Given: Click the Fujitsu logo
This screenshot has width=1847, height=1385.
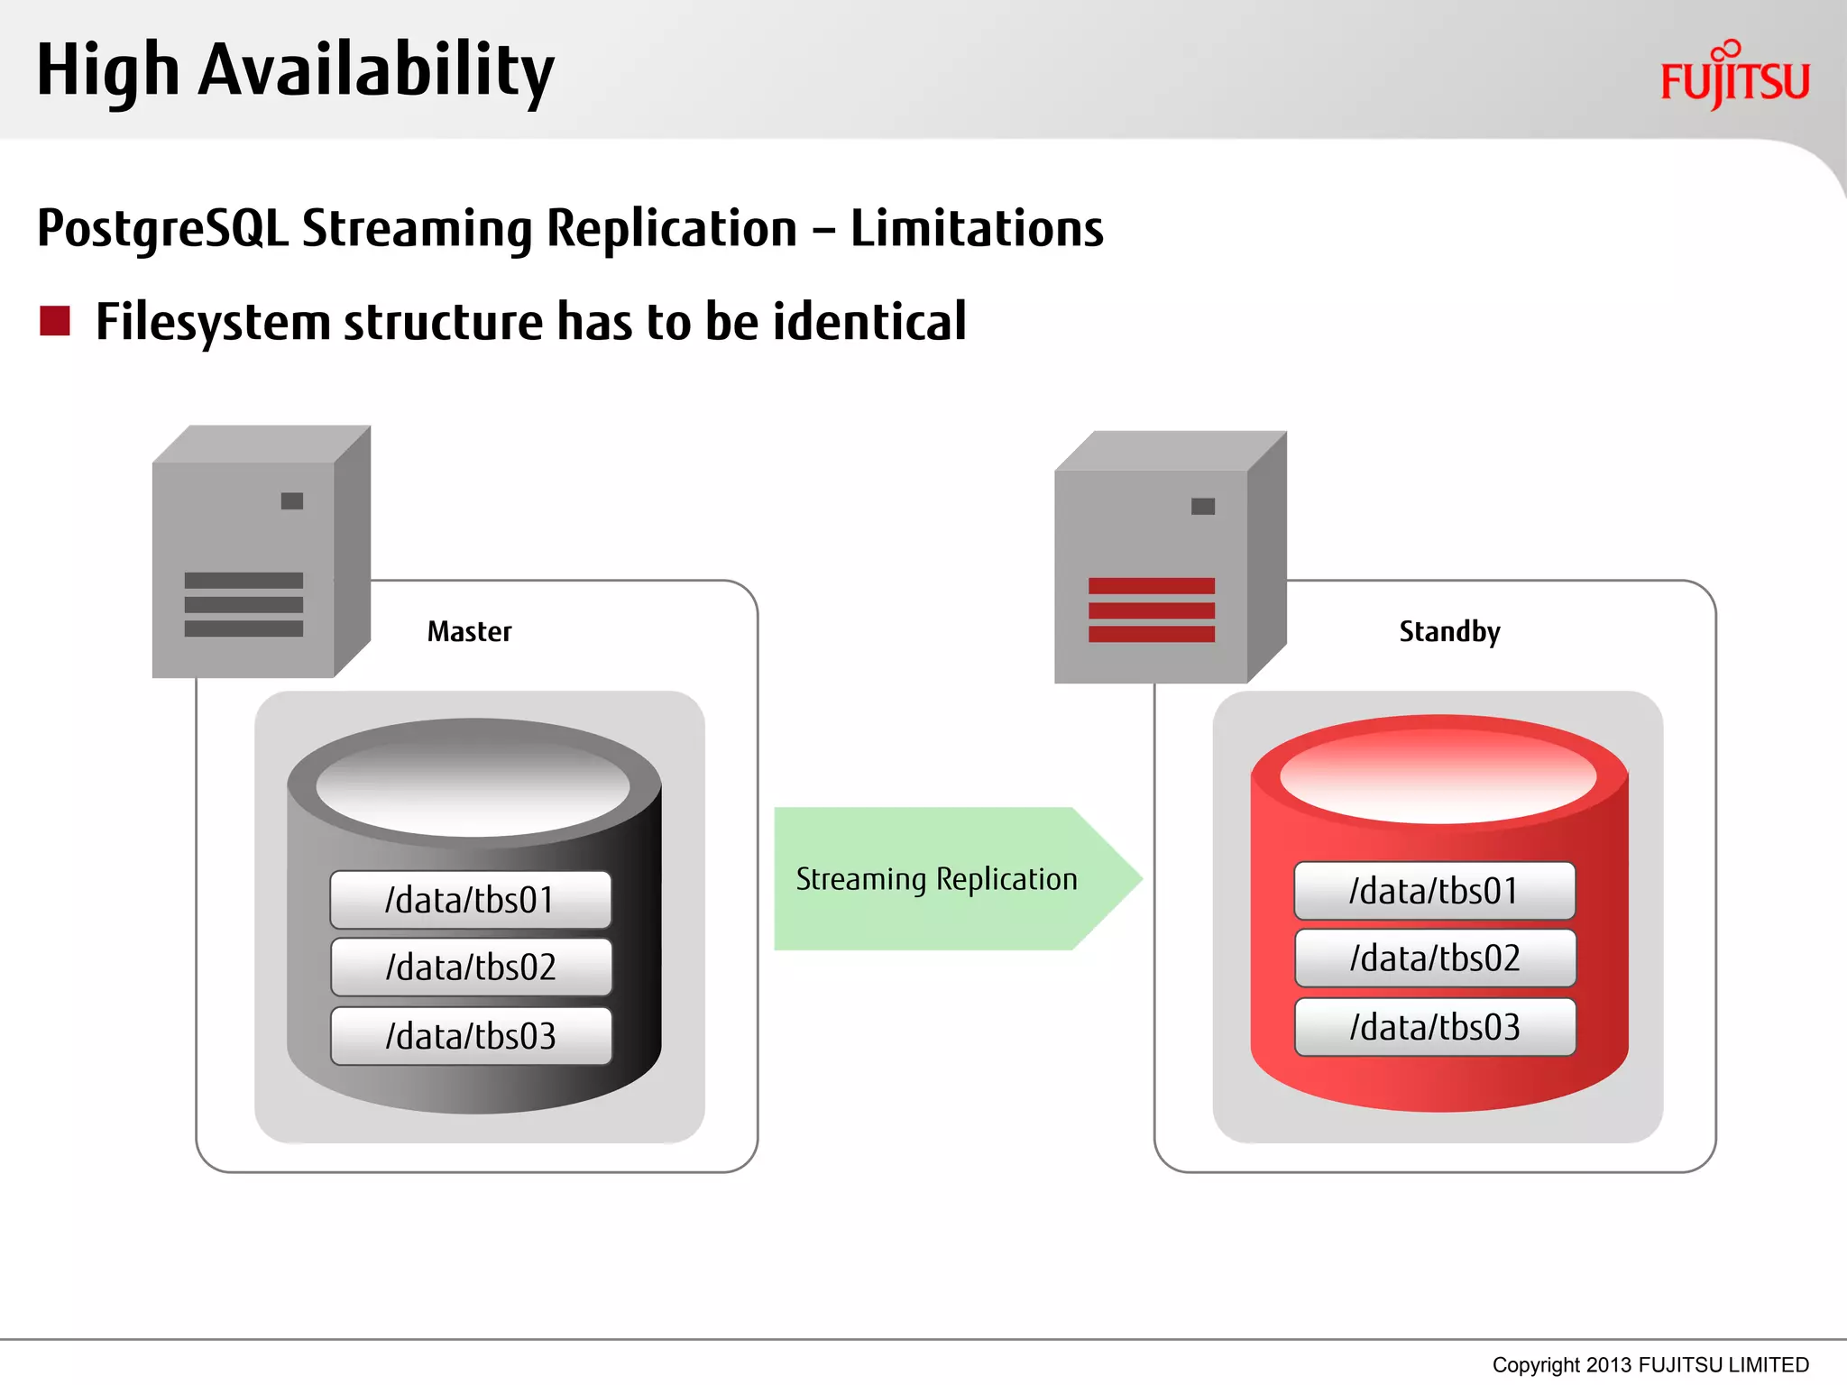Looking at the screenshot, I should tap(1734, 78).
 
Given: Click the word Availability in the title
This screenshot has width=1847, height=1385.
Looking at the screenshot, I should tap(375, 72).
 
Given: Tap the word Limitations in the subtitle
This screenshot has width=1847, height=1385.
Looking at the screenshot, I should tap(976, 229).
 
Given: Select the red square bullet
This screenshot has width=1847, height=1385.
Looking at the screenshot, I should tap(55, 321).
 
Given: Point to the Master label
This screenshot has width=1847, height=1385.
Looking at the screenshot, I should tap(469, 631).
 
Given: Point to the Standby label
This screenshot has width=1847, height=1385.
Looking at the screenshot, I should tap(1449, 631).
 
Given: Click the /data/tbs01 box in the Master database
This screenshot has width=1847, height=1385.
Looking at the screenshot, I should tap(470, 900).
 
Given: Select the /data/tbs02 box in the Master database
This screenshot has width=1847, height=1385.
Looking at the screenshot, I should tap(471, 968).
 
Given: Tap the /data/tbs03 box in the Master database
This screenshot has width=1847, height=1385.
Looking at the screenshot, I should tap(471, 1036).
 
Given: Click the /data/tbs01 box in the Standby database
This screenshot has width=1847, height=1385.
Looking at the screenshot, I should tap(1434, 891).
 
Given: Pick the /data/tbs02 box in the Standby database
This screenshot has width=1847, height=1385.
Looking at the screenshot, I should tap(1435, 958).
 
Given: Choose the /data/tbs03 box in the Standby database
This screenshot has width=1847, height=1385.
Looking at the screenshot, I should tap(1435, 1027).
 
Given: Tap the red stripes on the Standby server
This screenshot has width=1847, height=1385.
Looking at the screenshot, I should tap(1151, 610).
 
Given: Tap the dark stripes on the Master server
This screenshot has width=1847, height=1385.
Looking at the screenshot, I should tap(244, 604).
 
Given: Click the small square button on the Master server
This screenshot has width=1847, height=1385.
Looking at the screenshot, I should tap(292, 501).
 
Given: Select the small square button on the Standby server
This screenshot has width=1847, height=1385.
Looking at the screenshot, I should tap(1202, 507).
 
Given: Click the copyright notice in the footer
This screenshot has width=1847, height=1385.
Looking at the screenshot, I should tap(1649, 1364).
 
